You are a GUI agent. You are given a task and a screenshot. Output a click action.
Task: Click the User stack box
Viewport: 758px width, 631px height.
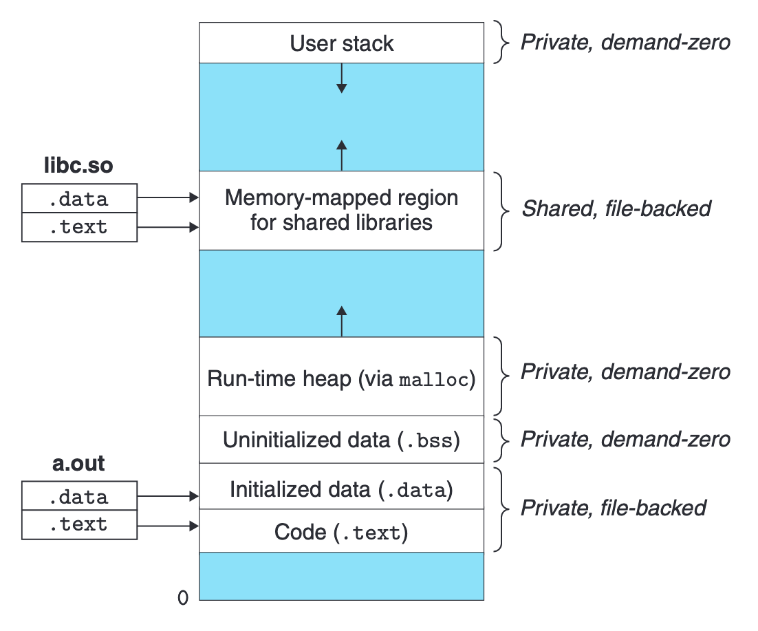coord(341,43)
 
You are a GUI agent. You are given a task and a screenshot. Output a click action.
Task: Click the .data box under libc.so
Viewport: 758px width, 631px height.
coord(79,199)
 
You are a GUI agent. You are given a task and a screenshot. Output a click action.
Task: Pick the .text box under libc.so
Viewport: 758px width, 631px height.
coord(79,227)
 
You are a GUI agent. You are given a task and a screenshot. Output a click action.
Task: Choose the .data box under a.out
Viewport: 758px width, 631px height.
coord(79,496)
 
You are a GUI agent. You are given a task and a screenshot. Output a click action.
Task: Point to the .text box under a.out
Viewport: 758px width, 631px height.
coord(79,524)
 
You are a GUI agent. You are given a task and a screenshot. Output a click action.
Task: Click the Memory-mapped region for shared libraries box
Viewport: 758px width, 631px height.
coord(341,210)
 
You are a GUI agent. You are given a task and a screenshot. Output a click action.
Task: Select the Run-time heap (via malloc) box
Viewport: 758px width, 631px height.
coord(341,378)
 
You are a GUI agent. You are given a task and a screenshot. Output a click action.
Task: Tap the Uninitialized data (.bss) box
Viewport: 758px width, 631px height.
coord(341,439)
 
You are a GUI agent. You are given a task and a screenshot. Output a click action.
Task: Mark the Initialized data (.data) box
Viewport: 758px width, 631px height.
coord(341,489)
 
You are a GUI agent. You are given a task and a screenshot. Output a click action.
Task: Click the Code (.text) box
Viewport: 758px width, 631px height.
coord(341,531)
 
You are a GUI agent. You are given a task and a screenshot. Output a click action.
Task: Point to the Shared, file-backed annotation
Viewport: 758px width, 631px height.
coord(616,208)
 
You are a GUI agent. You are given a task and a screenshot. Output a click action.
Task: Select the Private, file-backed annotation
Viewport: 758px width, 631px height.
coord(614,508)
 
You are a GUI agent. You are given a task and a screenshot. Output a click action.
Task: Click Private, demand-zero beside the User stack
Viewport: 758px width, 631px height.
coord(625,42)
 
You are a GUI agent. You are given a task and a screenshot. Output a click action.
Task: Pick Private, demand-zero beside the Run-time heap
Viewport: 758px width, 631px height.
coord(625,372)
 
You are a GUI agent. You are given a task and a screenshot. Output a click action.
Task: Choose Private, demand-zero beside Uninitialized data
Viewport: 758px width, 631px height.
coord(625,439)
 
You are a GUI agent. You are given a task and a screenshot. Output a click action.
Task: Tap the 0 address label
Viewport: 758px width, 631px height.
coord(183,598)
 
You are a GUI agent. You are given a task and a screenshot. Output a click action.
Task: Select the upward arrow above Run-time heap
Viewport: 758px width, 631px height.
coord(341,321)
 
